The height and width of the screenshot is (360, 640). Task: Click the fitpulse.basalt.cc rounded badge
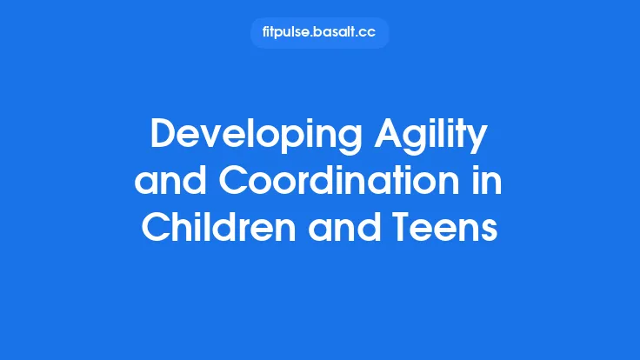[319, 33]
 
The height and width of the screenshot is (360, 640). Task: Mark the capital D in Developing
[163, 136]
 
